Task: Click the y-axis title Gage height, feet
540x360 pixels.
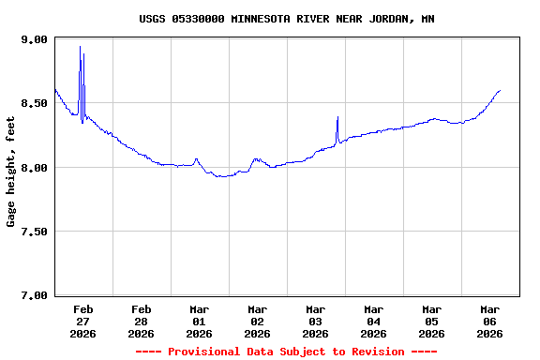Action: (11, 172)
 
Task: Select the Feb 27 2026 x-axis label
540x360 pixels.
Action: (83, 321)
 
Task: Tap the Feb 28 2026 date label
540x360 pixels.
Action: (142, 321)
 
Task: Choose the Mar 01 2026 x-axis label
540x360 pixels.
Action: (200, 321)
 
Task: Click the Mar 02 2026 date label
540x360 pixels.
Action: (258, 321)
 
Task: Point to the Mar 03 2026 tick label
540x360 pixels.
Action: (316, 321)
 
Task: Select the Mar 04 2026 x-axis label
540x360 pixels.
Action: (374, 321)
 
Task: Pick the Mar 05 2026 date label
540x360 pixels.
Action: (432, 321)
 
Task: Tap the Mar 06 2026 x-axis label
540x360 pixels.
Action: (490, 321)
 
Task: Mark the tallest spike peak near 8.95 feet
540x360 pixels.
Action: (80, 47)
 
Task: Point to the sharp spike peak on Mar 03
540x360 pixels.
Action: (337, 117)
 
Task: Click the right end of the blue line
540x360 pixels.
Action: (501, 90)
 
